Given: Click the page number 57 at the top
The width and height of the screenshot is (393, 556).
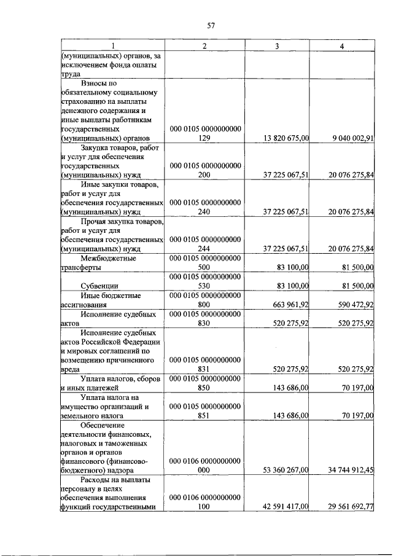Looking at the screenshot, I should click(x=211, y=25).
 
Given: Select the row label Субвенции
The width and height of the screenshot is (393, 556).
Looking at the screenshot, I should click(x=100, y=286).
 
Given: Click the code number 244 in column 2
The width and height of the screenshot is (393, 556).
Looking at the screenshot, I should click(x=204, y=249).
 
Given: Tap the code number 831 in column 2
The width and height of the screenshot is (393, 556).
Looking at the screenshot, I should click(x=204, y=369).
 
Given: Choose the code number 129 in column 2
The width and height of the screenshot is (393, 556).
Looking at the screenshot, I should click(x=204, y=139).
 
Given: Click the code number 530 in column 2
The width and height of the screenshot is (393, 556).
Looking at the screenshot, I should click(x=204, y=286).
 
